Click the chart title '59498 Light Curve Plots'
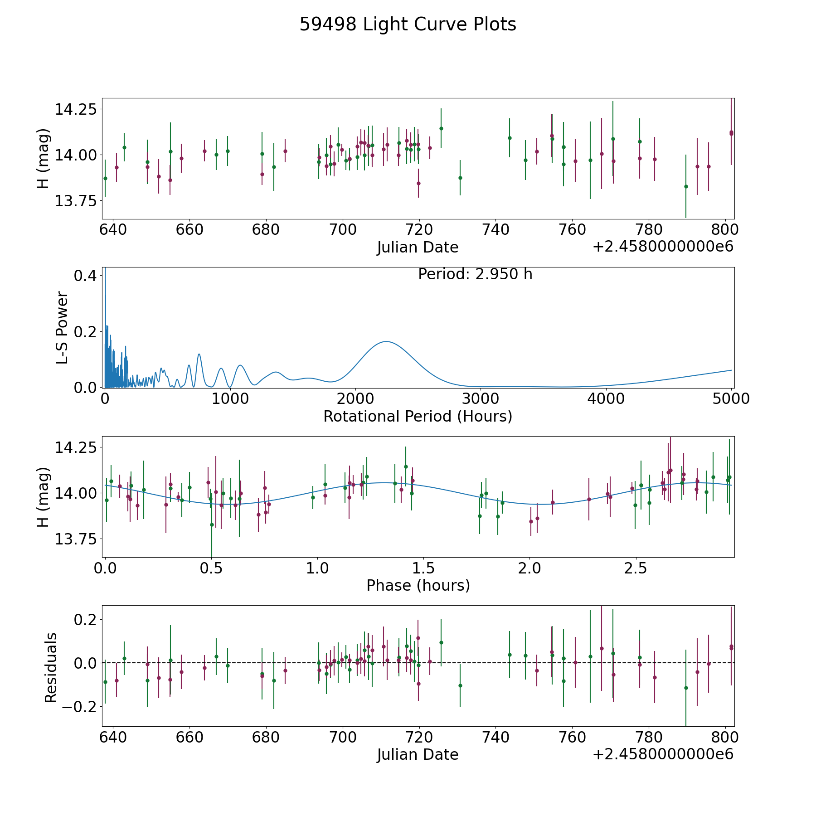click(408, 24)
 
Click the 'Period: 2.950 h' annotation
click(475, 274)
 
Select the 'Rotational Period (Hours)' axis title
click(418, 416)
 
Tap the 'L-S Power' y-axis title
click(62, 328)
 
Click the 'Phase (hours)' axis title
click(418, 585)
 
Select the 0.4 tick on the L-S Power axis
click(84, 276)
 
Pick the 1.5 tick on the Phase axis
click(423, 568)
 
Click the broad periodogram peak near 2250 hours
click(386, 342)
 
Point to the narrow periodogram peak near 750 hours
click(199, 354)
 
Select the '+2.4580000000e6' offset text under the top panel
click(663, 247)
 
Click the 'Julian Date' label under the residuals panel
click(418, 754)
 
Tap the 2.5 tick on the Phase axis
click(636, 568)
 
